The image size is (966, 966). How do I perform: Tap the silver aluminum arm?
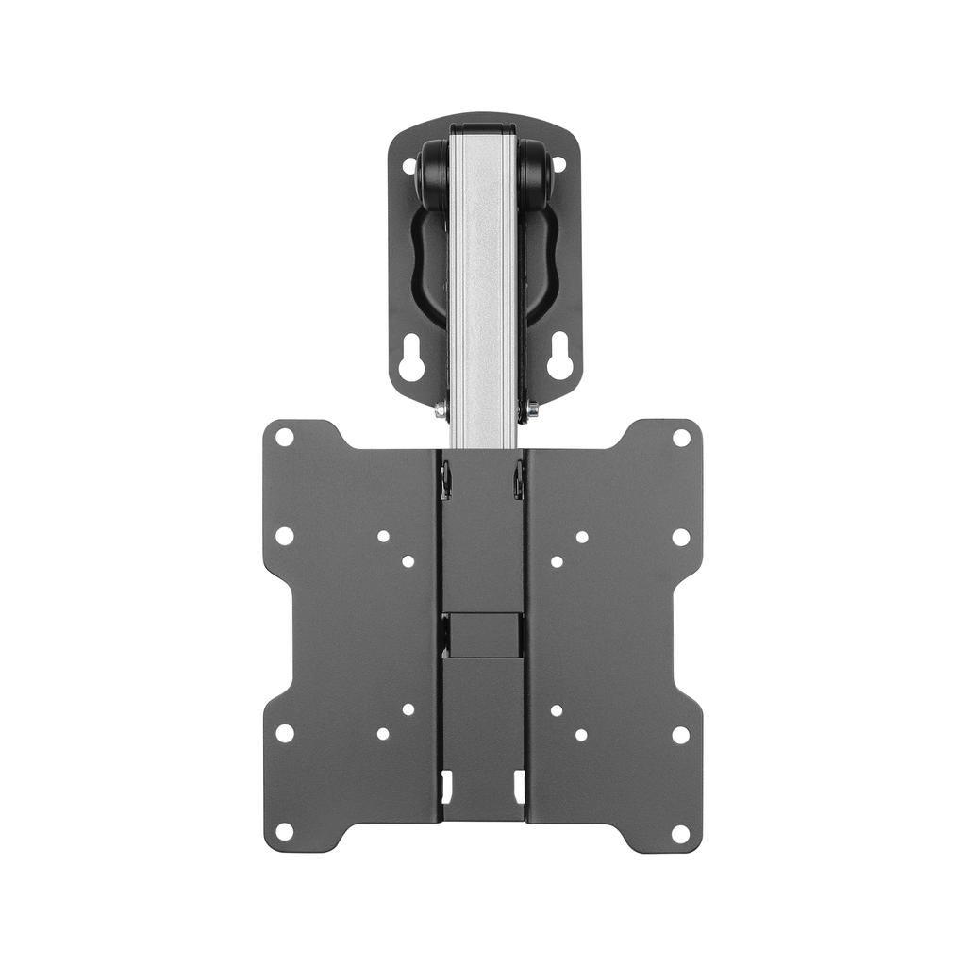pos(483,283)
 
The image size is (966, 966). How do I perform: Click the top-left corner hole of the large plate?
pos(284,437)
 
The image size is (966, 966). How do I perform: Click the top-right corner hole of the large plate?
pos(681,437)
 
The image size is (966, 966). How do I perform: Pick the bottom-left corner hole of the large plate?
pos(284,832)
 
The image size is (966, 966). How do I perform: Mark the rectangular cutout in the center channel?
pos(483,635)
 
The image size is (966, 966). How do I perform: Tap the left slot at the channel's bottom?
pos(447,783)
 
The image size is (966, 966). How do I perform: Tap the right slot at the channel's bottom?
pos(519,783)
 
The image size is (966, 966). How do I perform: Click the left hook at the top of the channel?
pos(446,479)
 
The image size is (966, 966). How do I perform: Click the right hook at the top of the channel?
pos(518,479)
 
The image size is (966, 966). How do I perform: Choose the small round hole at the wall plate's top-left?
pos(409,166)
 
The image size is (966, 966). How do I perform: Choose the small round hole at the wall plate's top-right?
pos(558,164)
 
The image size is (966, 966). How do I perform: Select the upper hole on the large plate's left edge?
pos(284,536)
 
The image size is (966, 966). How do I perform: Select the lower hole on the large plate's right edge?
pos(681,734)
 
